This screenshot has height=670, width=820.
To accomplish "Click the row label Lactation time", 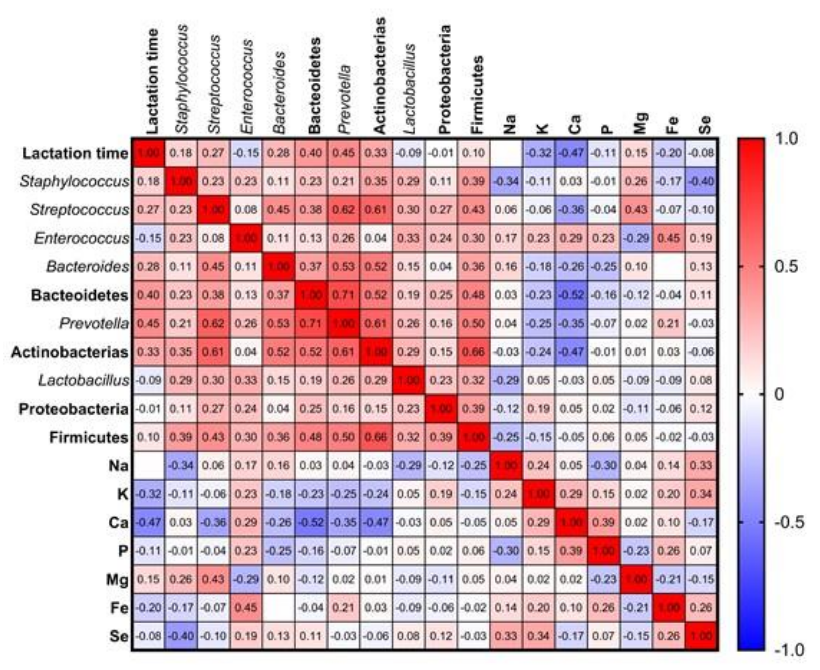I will click(x=75, y=153).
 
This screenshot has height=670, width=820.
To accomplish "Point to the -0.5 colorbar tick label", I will click(x=789, y=522).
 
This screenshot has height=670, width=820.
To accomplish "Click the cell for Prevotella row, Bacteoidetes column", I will click(x=311, y=323).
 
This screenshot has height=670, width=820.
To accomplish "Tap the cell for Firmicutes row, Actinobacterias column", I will click(x=376, y=437).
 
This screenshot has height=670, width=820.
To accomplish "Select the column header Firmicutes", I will click(x=477, y=94).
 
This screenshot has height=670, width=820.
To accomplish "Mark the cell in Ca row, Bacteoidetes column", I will click(x=311, y=522).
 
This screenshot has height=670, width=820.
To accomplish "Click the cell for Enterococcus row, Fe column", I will click(x=668, y=238).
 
